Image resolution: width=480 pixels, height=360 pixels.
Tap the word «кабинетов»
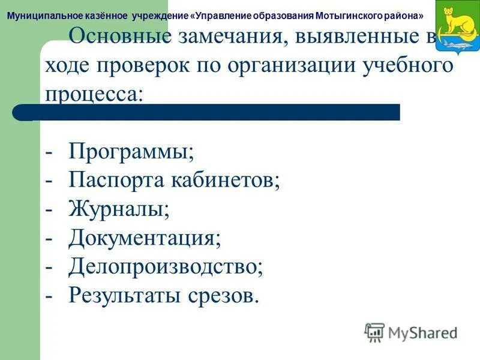[223, 180]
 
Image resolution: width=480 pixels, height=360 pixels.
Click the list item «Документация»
[145, 238]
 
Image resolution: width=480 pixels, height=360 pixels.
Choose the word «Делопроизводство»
[166, 266]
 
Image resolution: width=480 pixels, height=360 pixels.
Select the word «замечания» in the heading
[224, 37]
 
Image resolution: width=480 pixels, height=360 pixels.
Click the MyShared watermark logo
[411, 332]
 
